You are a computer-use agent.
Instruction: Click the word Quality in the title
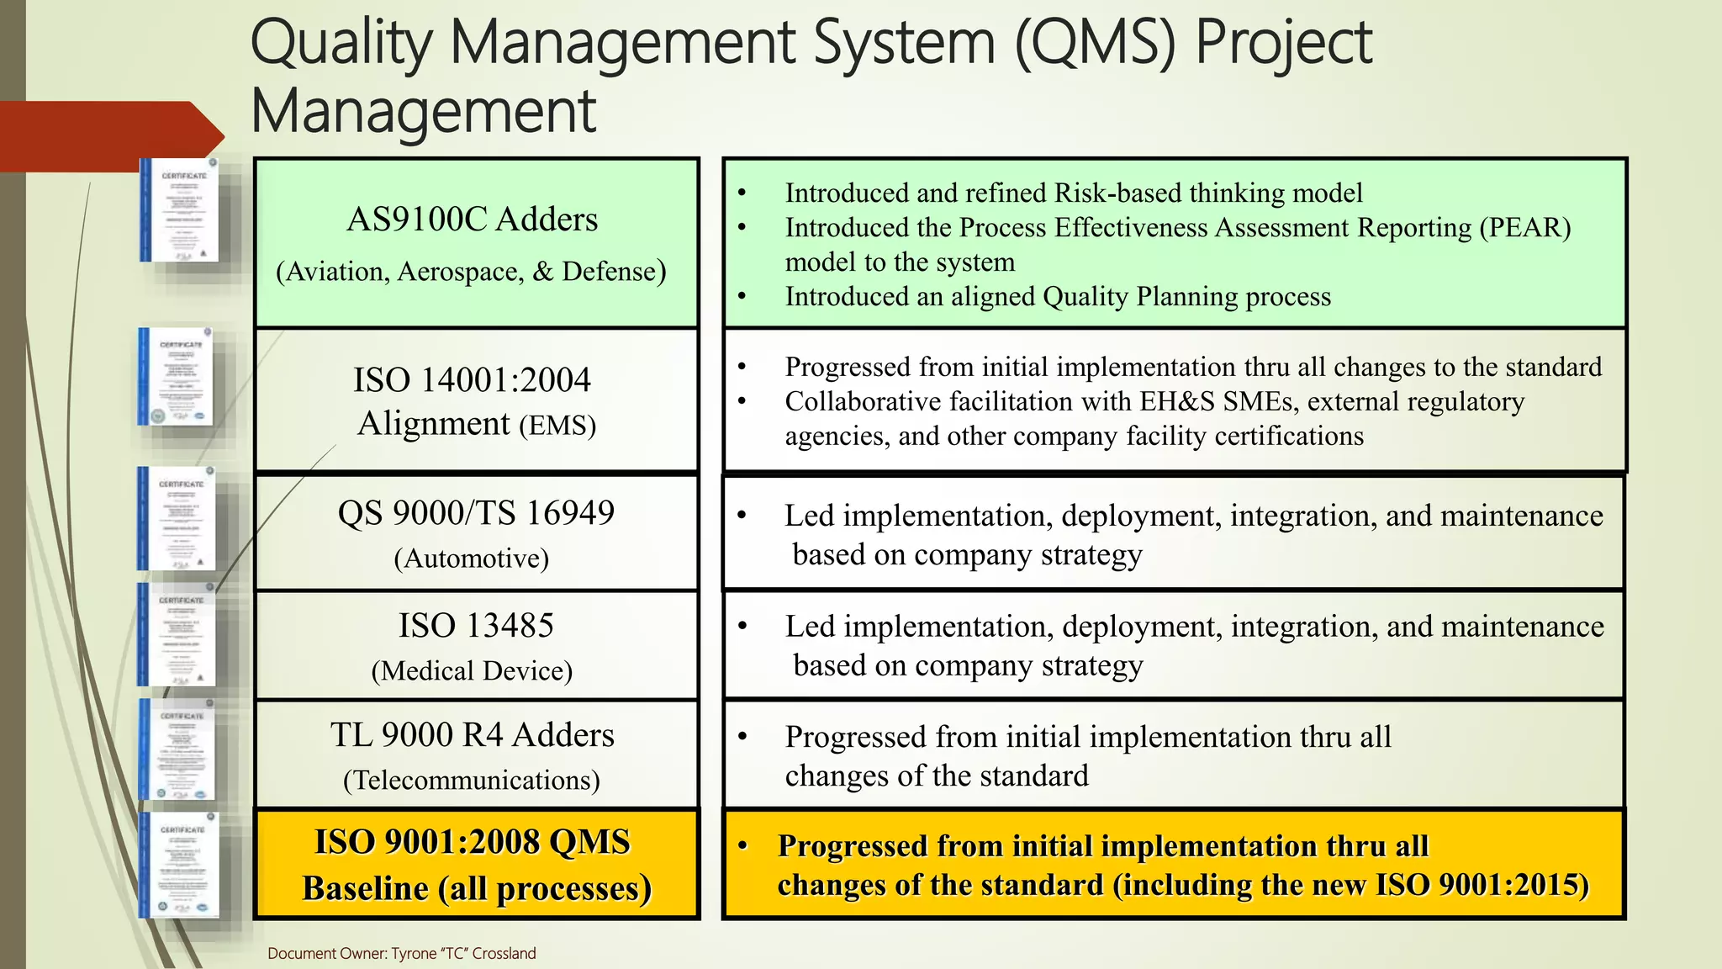point(341,44)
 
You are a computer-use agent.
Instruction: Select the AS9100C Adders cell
point(472,220)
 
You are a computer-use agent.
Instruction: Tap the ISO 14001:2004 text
point(472,380)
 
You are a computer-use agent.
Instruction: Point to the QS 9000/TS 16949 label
point(476,513)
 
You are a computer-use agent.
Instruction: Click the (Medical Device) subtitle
point(472,671)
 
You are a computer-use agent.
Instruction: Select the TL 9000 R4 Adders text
point(472,735)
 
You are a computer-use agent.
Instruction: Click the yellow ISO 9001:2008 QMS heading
point(472,842)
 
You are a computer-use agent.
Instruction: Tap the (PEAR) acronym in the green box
point(1524,228)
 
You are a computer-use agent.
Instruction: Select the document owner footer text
point(401,953)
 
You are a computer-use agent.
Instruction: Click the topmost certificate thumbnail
point(180,210)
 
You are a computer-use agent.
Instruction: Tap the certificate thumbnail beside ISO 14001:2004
point(177,377)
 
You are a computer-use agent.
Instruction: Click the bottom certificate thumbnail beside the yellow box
point(180,865)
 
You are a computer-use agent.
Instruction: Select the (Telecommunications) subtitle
point(472,781)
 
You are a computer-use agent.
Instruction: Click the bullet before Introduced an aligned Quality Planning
point(742,297)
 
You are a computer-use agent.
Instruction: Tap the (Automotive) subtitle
point(472,559)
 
